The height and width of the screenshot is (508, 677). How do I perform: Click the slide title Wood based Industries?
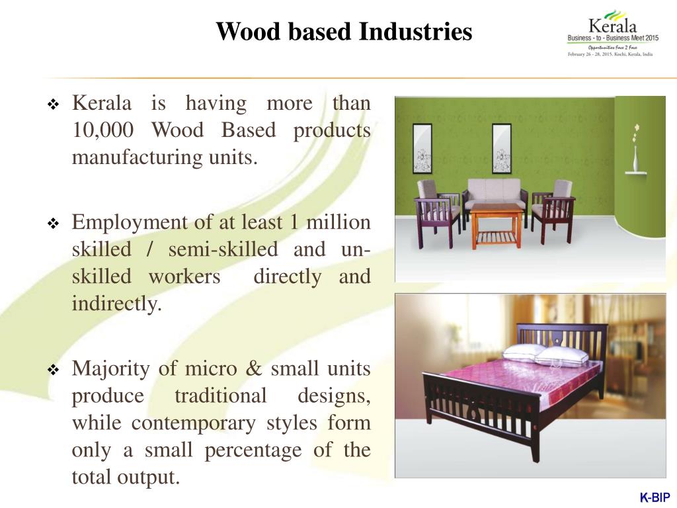tap(344, 31)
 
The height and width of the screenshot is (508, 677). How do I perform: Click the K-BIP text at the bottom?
tap(655, 497)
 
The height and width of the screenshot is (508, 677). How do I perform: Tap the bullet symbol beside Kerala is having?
tap(54, 105)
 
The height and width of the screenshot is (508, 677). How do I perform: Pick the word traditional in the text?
tap(220, 396)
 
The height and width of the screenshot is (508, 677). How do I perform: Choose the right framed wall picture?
tap(501, 148)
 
